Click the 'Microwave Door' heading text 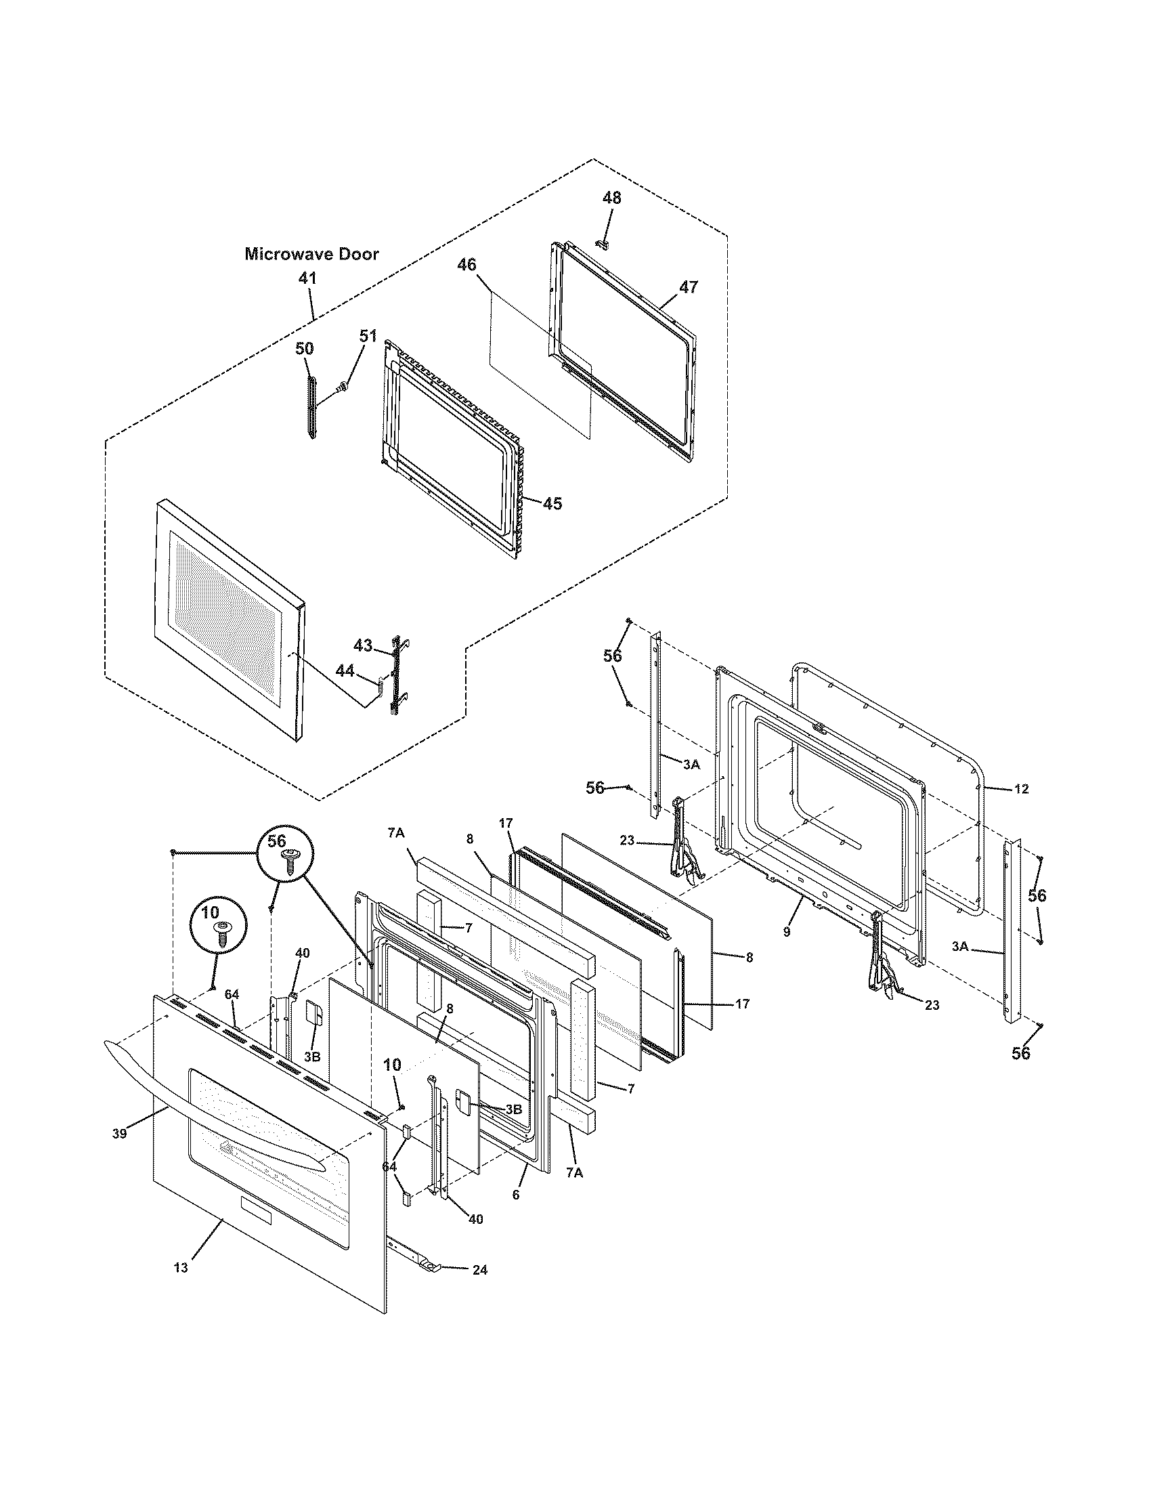311,254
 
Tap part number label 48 611,198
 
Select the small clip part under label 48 601,243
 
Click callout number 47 689,286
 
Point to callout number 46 466,265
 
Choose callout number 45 552,503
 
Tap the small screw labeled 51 343,388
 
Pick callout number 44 345,670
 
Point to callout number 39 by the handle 119,1133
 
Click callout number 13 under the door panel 181,1267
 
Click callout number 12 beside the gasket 1021,788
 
